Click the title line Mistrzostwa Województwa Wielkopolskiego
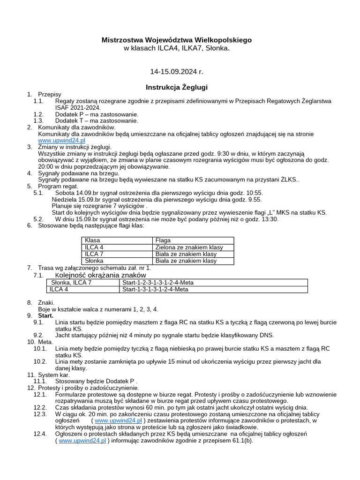click(176, 40)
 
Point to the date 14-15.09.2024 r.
click(176, 72)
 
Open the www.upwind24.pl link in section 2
click(61, 140)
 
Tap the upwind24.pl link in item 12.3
click(118, 421)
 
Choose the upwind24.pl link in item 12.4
click(82, 441)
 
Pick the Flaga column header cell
click(163, 240)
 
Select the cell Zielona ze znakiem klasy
click(189, 247)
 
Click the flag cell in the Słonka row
click(186, 261)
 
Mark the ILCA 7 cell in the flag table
click(94, 254)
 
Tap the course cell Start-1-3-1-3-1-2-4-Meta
click(155, 290)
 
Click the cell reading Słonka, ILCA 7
click(71, 283)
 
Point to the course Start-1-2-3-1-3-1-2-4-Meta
click(157, 283)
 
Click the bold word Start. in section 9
click(45, 316)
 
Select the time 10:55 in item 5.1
click(254, 193)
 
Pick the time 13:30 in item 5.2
click(270, 219)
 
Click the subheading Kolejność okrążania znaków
click(100, 275)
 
